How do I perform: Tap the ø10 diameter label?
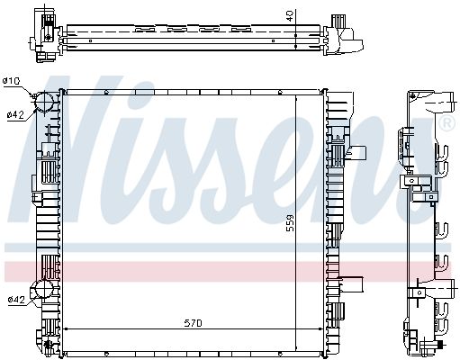tap(12, 82)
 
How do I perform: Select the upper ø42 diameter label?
tap(14, 114)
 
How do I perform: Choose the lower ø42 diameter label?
tap(14, 300)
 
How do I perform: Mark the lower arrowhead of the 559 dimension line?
tap(297, 346)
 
